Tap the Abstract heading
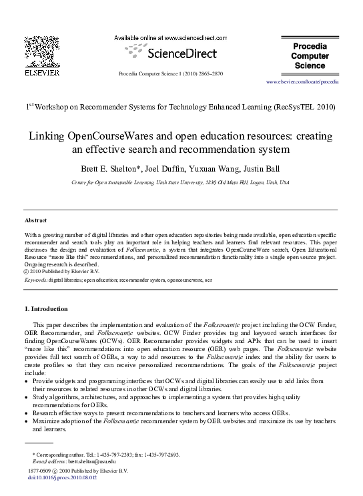[35, 220]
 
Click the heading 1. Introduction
[45, 309]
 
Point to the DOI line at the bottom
[62, 478]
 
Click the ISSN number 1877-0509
[38, 471]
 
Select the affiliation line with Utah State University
[181, 182]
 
